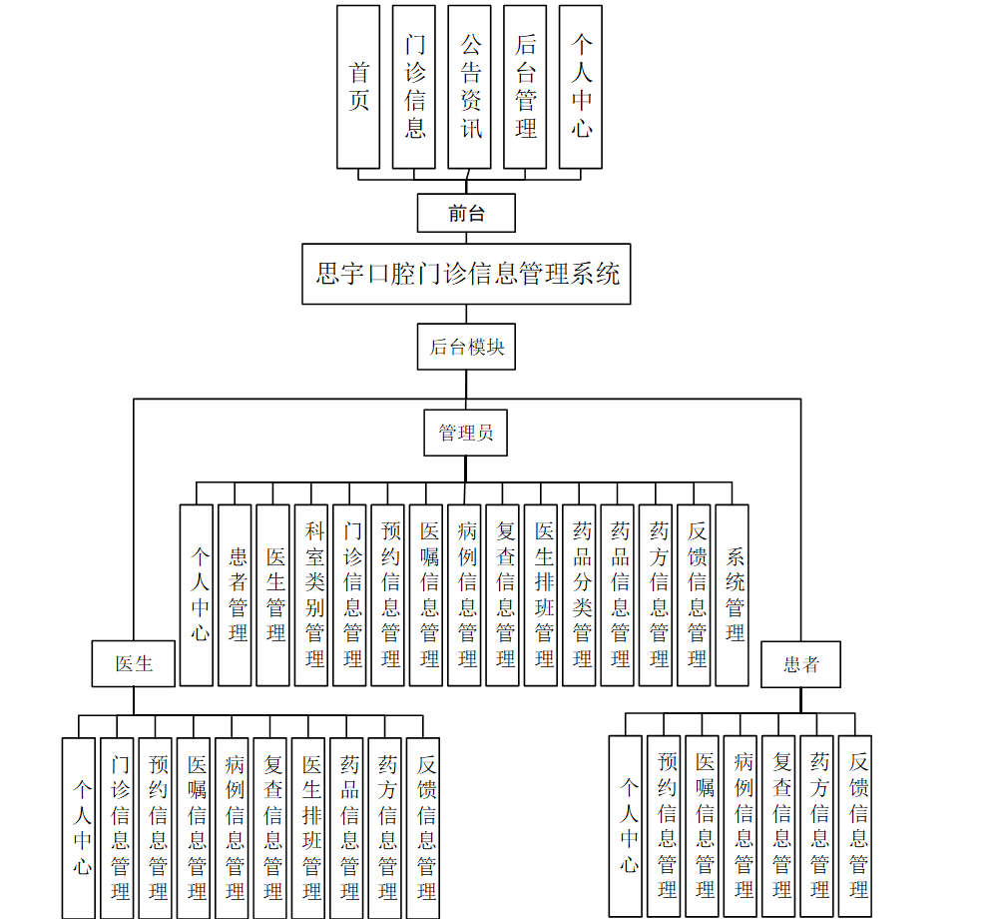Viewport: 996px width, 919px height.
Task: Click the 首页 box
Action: tap(358, 87)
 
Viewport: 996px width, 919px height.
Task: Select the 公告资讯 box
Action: tap(469, 87)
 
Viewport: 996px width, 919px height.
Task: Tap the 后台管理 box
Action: tap(525, 87)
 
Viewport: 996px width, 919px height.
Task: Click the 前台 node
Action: tap(466, 213)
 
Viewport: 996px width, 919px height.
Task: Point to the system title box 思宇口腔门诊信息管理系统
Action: tap(467, 273)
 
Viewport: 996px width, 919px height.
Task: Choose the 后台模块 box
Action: tap(466, 347)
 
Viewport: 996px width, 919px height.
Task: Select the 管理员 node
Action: tap(465, 433)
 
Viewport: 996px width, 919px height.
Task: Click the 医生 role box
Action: tap(134, 663)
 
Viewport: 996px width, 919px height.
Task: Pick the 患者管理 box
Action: tap(235, 594)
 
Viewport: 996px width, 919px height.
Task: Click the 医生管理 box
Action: tap(272, 594)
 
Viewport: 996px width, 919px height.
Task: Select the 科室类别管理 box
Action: tap(311, 594)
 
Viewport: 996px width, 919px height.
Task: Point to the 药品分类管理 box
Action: tap(579, 594)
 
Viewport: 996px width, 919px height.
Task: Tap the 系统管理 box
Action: tap(732, 594)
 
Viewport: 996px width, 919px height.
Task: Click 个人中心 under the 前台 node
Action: tap(581, 87)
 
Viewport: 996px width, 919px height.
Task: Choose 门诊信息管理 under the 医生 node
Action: tap(117, 827)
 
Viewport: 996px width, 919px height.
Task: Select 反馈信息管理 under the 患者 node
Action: tap(855, 826)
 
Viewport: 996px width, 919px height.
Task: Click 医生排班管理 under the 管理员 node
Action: tap(541, 594)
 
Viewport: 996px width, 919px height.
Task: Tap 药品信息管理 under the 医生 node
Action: tap(346, 827)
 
